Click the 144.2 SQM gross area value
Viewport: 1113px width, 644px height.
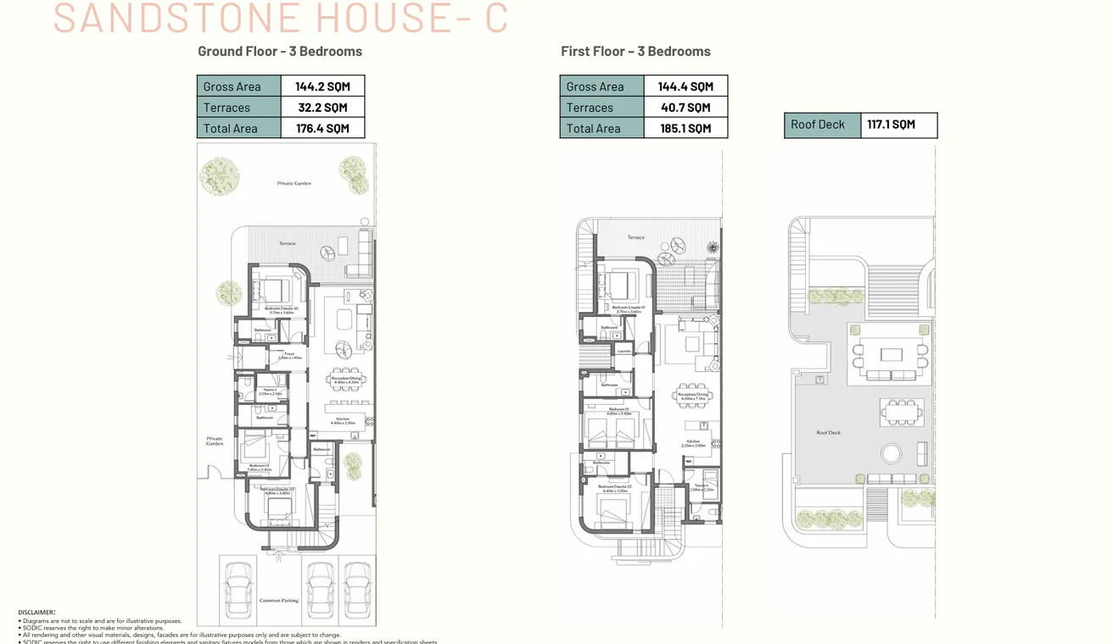(322, 86)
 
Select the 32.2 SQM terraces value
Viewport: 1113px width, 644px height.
(322, 108)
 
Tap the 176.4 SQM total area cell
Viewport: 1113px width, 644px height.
(322, 129)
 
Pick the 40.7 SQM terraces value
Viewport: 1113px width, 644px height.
(685, 108)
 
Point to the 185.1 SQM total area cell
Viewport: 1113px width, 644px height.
(685, 129)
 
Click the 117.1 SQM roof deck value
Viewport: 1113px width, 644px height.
(891, 125)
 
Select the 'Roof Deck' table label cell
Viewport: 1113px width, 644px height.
(819, 125)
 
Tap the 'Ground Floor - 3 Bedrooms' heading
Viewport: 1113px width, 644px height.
(280, 51)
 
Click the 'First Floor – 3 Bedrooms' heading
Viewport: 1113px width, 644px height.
(635, 51)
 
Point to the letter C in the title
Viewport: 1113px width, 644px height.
(496, 19)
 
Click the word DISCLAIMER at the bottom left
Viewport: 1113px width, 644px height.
(36, 612)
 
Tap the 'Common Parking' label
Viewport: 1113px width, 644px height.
(279, 600)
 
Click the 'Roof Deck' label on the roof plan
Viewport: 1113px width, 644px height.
(828, 433)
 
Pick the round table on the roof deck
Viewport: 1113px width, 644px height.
(891, 453)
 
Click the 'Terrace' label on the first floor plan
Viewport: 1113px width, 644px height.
(635, 238)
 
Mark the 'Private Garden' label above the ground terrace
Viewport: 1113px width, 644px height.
(294, 183)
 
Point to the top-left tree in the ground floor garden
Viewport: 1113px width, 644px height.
(219, 176)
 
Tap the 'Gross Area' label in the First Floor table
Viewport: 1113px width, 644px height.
(595, 86)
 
